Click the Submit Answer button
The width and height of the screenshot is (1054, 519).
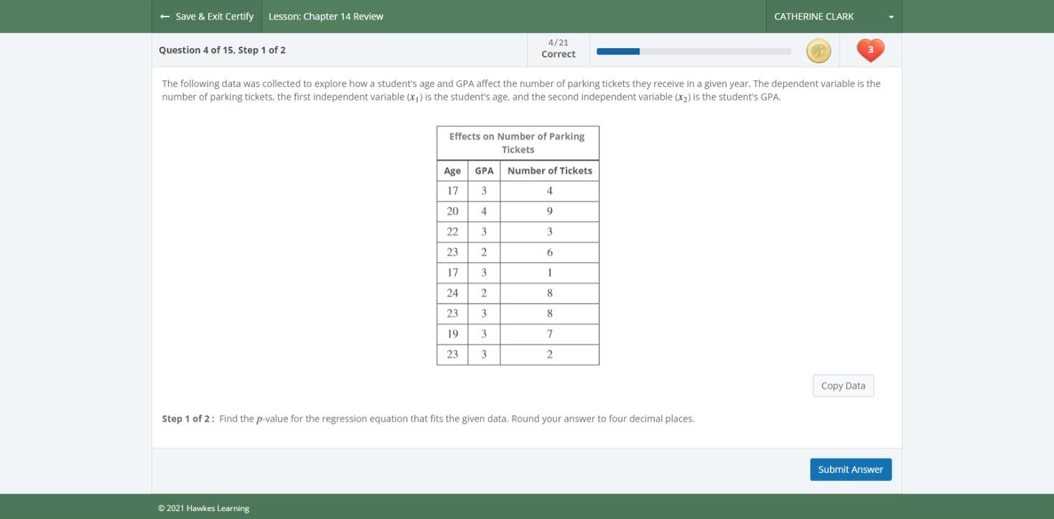pos(850,469)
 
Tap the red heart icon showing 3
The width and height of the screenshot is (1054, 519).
pos(870,50)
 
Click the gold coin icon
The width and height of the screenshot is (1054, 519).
pos(819,51)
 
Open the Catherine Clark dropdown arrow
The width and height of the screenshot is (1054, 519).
pos(891,17)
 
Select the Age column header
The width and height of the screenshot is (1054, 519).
pos(452,171)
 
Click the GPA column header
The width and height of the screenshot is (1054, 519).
pos(484,171)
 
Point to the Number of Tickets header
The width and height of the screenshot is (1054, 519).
pos(549,171)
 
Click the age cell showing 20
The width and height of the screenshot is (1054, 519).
pos(452,212)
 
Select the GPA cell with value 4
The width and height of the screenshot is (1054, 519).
pos(484,212)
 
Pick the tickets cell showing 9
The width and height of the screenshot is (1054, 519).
pos(549,212)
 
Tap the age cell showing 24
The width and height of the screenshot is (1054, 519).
pos(452,293)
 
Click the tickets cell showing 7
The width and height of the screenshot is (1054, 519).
pos(549,334)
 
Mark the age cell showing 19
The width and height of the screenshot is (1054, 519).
pos(452,334)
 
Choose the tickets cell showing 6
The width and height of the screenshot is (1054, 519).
pos(549,253)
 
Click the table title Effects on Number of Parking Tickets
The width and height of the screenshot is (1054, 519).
pos(517,143)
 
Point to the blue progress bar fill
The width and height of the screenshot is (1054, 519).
pos(617,51)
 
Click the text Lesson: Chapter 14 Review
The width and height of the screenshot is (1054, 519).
pos(326,17)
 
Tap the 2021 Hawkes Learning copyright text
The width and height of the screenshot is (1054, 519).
pos(203,508)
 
